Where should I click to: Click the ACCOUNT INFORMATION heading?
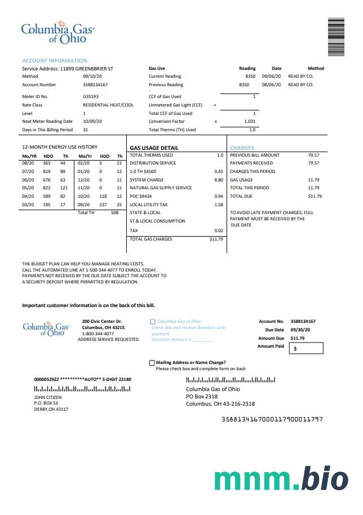tap(55, 60)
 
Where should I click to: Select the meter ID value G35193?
tap(90, 96)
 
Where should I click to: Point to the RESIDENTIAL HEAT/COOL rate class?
tap(108, 105)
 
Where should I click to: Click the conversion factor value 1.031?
tap(250, 121)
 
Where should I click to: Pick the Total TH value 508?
tap(114, 212)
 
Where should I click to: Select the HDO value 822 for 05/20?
tap(47, 188)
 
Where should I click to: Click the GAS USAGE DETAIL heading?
tap(154, 148)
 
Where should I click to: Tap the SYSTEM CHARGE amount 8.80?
tap(219, 180)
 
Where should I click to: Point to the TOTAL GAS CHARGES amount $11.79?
tap(216, 239)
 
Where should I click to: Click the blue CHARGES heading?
tap(242, 148)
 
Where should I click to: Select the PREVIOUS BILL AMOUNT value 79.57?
tap(313, 155)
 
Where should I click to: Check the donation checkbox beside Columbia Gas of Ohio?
tap(153, 322)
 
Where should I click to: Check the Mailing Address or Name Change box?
tap(152, 363)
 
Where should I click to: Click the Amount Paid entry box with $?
tap(306, 349)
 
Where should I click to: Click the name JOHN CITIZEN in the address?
tap(48, 397)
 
